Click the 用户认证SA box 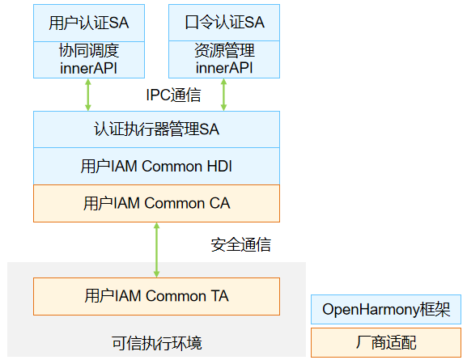tap(89, 23)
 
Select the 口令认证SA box tap(224, 23)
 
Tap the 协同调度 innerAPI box tap(89, 60)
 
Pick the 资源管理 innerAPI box tap(224, 60)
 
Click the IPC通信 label tap(173, 95)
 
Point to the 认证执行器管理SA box tap(156, 129)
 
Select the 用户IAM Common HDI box tap(156, 166)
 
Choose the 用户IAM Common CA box tap(156, 203)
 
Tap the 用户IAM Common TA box tap(156, 296)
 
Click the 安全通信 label tap(240, 245)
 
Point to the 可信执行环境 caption tap(157, 343)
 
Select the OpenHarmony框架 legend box tap(386, 309)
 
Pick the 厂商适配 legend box tap(386, 342)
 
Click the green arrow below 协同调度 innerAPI tap(88, 95)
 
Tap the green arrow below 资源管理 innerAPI tap(223, 95)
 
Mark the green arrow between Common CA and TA tap(156, 250)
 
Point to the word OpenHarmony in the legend tap(371, 310)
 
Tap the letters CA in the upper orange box tap(220, 203)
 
